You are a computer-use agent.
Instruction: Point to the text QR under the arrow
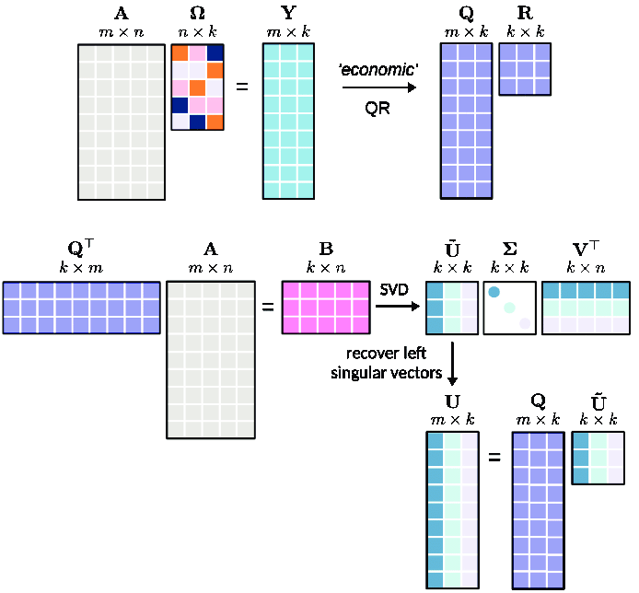point(377,107)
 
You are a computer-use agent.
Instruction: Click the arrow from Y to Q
point(378,87)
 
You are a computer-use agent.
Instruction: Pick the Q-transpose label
point(81,248)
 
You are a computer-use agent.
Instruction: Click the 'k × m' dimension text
point(81,266)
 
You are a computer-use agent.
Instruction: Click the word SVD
point(395,290)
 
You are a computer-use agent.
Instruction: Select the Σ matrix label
point(509,248)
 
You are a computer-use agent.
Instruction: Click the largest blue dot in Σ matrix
point(494,293)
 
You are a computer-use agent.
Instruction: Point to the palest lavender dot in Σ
point(524,323)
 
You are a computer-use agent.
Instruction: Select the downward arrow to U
point(452,363)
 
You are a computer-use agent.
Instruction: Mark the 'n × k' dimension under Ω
point(197,33)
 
